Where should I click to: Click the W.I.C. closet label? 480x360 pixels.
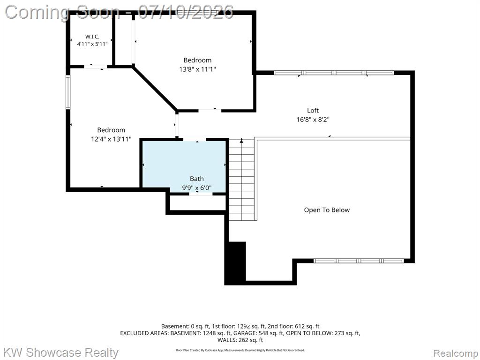(x=92, y=37)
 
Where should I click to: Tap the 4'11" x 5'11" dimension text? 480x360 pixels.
(x=92, y=44)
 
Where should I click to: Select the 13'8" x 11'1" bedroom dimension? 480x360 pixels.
(x=197, y=69)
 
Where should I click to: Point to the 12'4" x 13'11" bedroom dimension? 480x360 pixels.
(x=111, y=139)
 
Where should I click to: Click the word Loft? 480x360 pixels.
(x=313, y=110)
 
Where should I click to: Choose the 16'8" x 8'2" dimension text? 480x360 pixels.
(x=313, y=120)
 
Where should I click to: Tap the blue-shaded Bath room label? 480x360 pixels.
(x=196, y=179)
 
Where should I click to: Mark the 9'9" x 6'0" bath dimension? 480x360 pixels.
(x=197, y=187)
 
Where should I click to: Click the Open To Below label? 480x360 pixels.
(x=327, y=210)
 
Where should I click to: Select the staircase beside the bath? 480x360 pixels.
(x=241, y=180)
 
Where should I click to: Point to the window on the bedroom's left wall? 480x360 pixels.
(x=68, y=92)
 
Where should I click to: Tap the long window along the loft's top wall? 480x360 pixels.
(x=334, y=73)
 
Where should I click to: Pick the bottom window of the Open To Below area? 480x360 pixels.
(x=359, y=261)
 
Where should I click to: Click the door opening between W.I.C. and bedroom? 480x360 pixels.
(x=95, y=67)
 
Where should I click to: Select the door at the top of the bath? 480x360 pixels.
(x=195, y=140)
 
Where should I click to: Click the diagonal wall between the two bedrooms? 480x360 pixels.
(x=155, y=89)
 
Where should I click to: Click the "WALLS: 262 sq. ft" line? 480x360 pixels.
(x=240, y=340)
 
